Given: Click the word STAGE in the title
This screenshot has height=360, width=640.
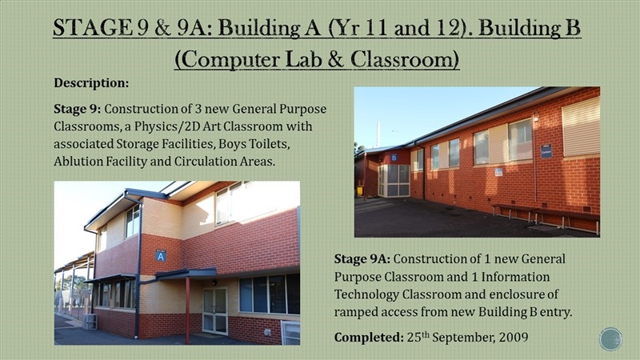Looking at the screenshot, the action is tap(93, 28).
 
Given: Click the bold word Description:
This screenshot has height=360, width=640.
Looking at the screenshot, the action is tap(91, 83).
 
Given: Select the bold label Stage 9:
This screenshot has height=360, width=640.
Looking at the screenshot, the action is tap(77, 110).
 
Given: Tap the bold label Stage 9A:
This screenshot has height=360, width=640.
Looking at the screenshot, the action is tap(362, 259).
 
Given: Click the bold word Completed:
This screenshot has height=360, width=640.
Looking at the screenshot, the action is tap(369, 338).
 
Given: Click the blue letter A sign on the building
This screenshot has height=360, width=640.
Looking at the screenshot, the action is tap(161, 256).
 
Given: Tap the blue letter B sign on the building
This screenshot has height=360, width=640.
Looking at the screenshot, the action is tap(394, 158).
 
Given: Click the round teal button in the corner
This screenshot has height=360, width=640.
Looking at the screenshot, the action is tap(610, 338).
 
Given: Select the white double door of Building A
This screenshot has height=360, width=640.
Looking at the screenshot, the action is tap(214, 311).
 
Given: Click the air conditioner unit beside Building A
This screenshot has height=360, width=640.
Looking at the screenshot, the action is tap(90, 322).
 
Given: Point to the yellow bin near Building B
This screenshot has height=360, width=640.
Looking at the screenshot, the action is tap(360, 191).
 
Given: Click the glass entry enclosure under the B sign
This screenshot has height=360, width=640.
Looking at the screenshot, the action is tap(394, 181).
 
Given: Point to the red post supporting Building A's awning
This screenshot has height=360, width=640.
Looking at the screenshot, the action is tap(187, 310).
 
